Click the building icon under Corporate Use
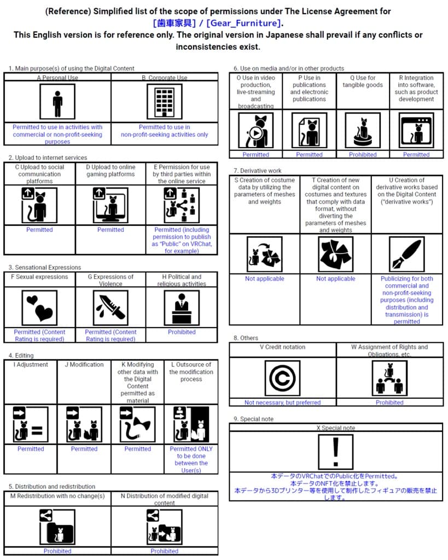(165, 101)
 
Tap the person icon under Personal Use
(57, 101)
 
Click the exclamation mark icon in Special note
(336, 452)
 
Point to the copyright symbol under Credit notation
(282, 378)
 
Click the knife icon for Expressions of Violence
(110, 308)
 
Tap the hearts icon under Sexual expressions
(39, 308)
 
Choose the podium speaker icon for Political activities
(182, 308)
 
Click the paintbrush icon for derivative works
(407, 254)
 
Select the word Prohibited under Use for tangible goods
(363, 155)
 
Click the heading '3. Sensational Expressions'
(45, 267)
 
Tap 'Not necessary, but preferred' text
(282, 402)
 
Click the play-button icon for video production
(255, 130)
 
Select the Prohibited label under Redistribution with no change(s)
(57, 551)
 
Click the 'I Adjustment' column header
(31, 364)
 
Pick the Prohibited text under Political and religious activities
(182, 332)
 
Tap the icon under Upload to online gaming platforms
(110, 206)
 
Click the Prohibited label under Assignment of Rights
(389, 402)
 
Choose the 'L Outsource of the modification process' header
(191, 372)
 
